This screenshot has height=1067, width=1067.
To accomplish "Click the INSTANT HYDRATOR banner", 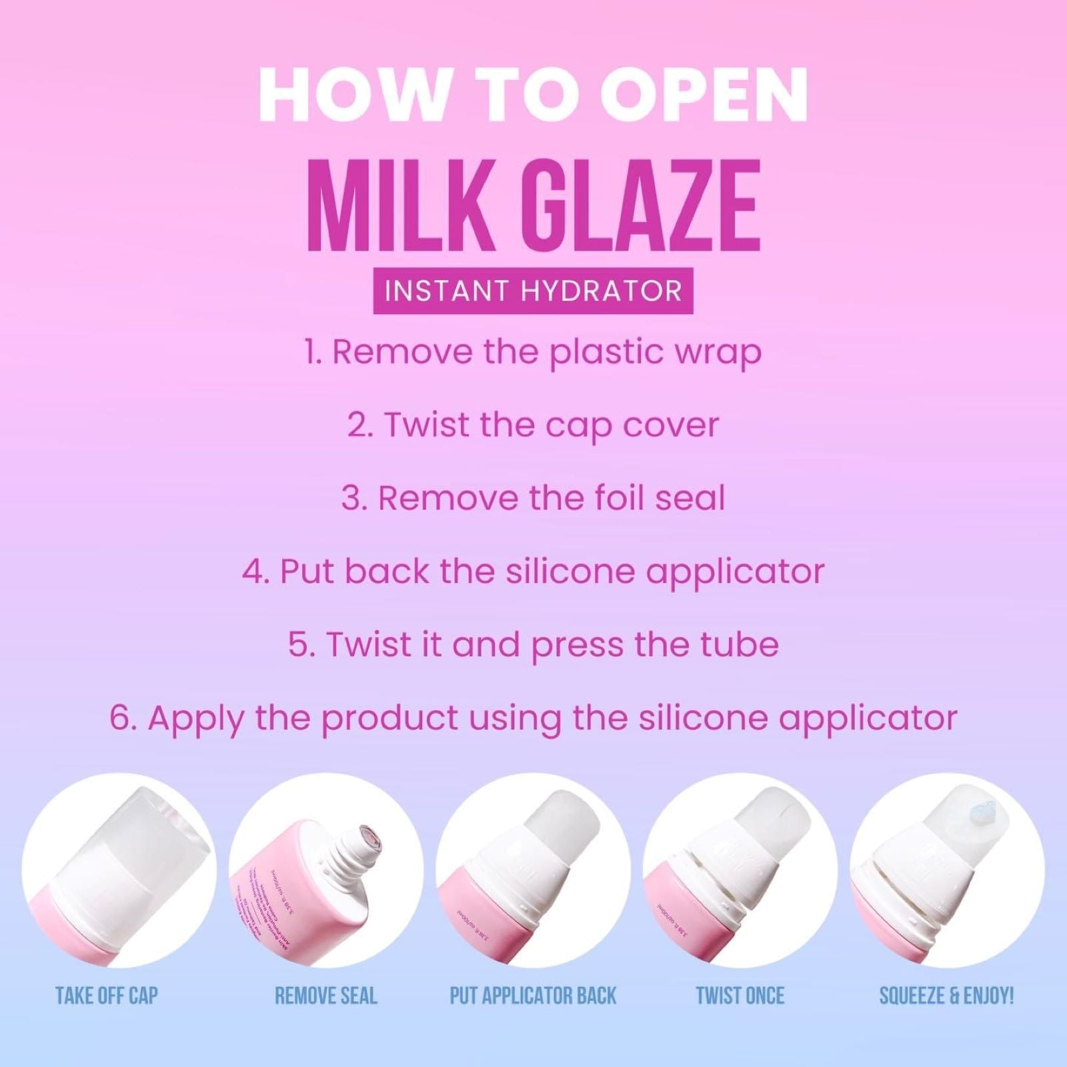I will [x=533, y=291].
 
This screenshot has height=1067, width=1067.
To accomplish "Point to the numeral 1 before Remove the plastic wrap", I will [x=310, y=351].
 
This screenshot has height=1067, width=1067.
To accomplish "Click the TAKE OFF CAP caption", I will [x=107, y=996].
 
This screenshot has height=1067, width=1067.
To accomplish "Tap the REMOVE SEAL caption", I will [x=326, y=996].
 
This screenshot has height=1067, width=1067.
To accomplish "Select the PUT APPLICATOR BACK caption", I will [x=533, y=996].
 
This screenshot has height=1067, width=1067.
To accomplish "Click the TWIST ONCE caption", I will [x=740, y=996].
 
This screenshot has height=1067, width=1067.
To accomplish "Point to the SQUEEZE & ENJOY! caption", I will [x=946, y=996].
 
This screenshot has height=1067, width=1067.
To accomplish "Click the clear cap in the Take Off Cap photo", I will [x=133, y=847].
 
